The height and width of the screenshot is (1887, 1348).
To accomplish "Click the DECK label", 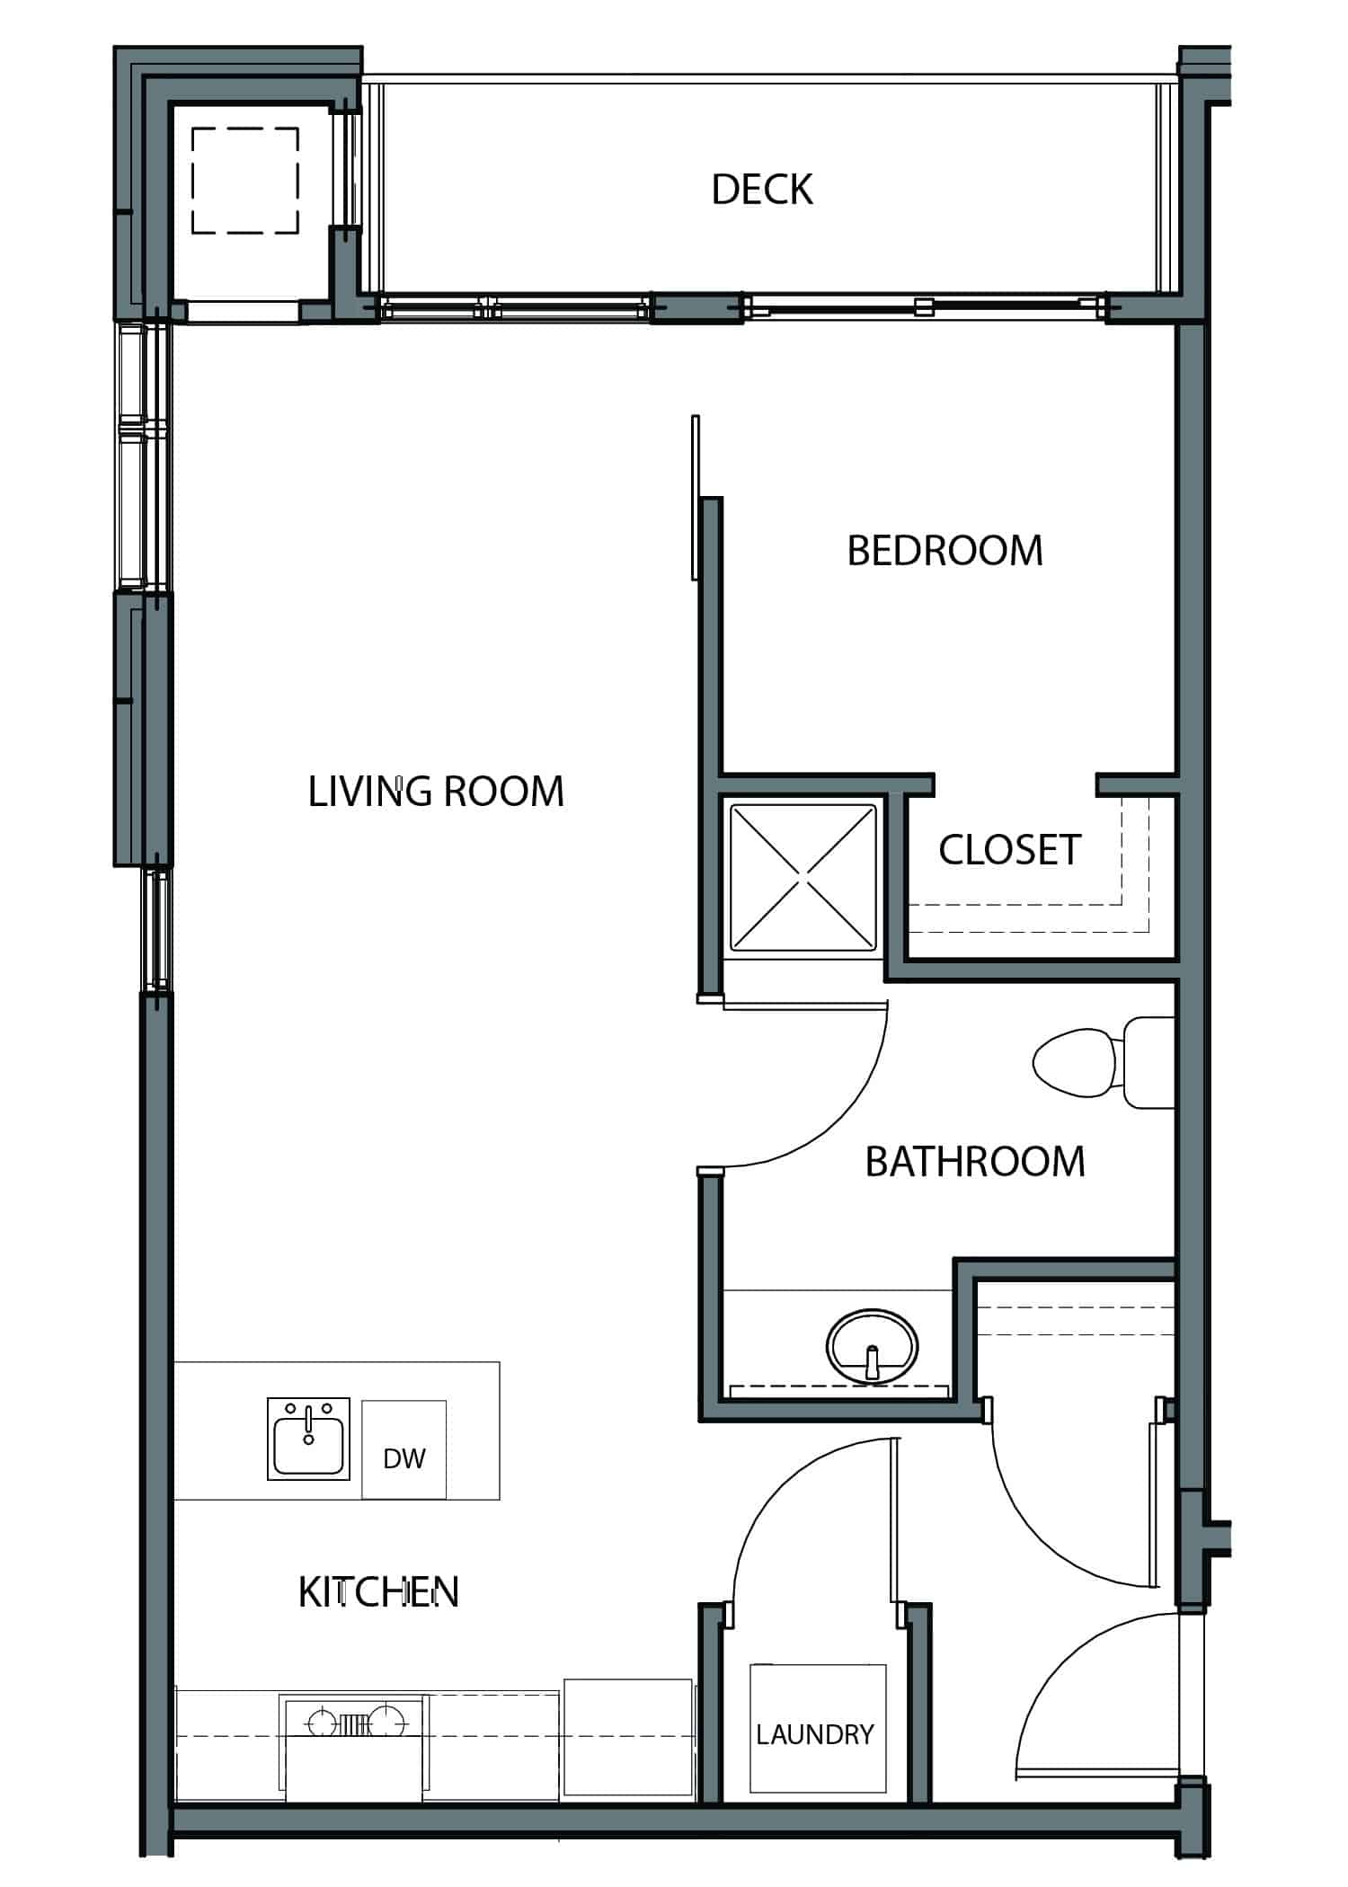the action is [x=762, y=190].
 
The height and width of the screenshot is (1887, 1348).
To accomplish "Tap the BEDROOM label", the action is [x=945, y=551].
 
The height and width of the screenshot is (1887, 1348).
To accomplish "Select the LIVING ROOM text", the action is [x=436, y=792].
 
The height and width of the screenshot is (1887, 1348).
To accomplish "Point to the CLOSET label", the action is [x=1009, y=850].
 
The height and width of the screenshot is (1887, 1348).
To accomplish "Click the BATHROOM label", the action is [x=975, y=1162].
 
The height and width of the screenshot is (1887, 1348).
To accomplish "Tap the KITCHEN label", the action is [x=378, y=1592].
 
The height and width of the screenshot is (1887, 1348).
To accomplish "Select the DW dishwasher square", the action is [x=404, y=1449].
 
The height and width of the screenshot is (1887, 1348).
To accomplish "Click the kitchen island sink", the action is [x=308, y=1439].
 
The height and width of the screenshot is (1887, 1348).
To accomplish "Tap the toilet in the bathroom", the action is [x=1104, y=1062].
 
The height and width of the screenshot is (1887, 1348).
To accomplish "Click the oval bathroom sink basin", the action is [x=872, y=1346].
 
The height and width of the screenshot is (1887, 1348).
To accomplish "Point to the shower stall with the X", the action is [x=803, y=877].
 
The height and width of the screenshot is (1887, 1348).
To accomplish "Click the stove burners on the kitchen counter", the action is [x=352, y=1723].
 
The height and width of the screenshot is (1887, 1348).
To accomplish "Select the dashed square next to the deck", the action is [x=245, y=181].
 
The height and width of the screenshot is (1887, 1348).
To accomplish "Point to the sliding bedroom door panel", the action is [x=695, y=497].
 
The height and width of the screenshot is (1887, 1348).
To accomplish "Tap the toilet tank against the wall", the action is [x=1149, y=1062].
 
